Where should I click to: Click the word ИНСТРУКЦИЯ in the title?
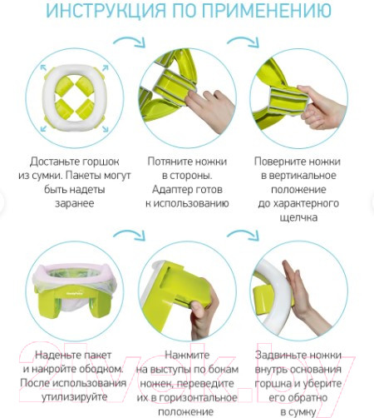[106, 10]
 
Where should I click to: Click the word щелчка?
[298, 217]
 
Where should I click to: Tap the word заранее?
[75, 203]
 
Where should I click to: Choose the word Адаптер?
[171, 190]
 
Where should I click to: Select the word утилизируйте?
[74, 397]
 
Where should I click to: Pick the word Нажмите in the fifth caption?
[187, 355]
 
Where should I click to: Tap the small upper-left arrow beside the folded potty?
[43, 67]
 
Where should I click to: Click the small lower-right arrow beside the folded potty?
[106, 129]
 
